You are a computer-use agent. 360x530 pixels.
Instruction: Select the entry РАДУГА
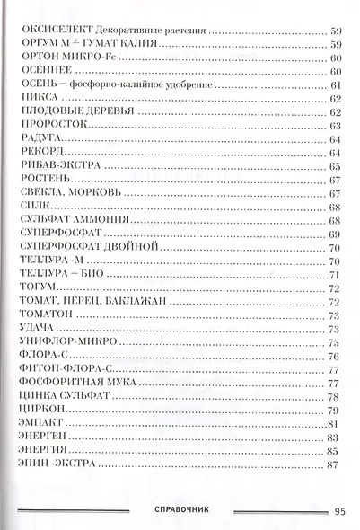coord(36,140)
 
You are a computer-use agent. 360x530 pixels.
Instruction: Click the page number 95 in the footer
coord(338,511)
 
